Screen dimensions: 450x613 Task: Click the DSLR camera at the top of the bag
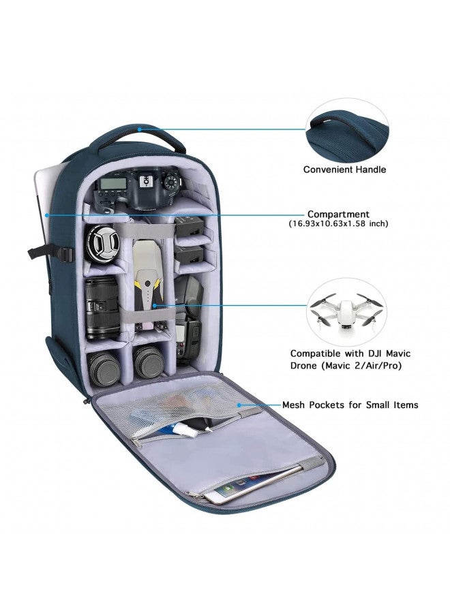[x=140, y=189]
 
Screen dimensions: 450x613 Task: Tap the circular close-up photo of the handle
[x=348, y=127]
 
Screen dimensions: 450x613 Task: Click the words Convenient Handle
[x=344, y=170]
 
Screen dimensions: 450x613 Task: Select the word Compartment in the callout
[x=338, y=214]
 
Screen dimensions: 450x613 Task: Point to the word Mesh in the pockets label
[x=296, y=405]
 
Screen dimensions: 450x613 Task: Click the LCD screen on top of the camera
[x=112, y=184]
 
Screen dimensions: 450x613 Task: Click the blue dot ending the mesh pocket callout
[x=239, y=405]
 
